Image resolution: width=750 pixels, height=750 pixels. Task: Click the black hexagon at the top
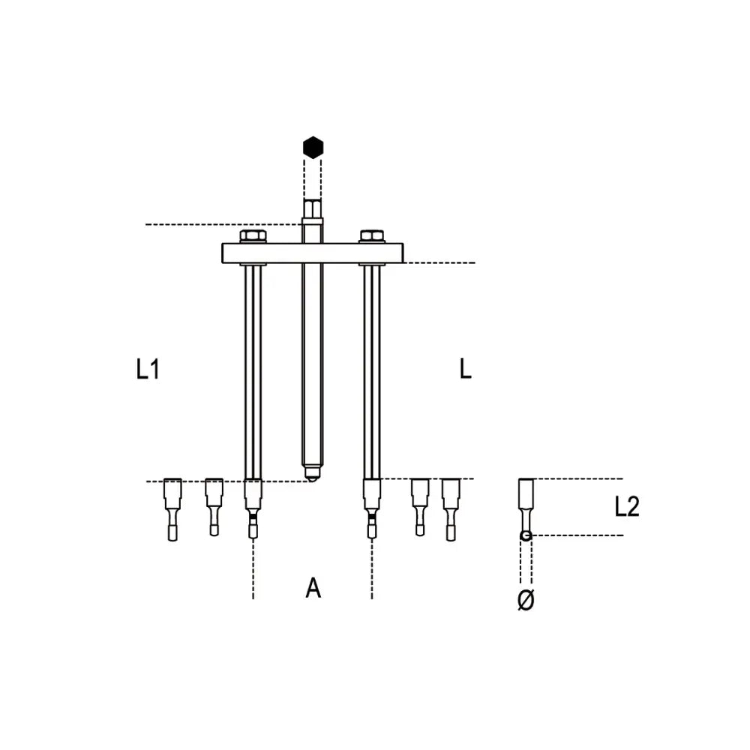pos(312,147)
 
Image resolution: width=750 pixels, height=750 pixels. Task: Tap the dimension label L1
pos(148,369)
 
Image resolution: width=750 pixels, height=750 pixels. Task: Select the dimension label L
pos(466,369)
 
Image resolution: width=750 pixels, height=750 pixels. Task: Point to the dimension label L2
pos(626,508)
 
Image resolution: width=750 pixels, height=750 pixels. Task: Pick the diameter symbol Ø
pos(526,600)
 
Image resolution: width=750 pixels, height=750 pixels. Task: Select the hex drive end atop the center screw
pos(312,208)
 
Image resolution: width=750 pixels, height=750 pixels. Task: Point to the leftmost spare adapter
pos(173,508)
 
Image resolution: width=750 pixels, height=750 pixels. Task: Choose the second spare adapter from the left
pos(214,506)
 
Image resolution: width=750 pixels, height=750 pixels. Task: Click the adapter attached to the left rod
pos(253,506)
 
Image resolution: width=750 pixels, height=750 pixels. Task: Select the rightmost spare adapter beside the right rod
pos(450,508)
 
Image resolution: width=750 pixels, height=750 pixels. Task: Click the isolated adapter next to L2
pos(526,502)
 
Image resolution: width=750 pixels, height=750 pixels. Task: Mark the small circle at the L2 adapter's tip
pos(526,535)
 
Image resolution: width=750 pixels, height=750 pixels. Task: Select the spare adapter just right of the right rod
pos(419,506)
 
